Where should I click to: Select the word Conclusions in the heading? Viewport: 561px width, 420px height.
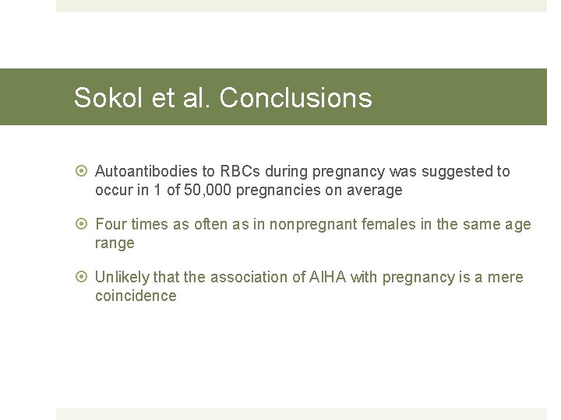pos(295,98)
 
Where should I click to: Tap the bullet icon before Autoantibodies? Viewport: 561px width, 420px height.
pos(83,171)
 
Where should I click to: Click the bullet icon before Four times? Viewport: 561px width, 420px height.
pos(83,224)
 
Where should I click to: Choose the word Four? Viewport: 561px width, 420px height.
pos(111,224)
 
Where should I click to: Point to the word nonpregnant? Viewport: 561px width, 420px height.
pos(313,224)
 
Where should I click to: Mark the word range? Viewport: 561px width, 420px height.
pos(115,243)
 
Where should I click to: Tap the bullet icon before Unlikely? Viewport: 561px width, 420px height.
pos(83,277)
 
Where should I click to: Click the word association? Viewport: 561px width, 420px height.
pos(245,277)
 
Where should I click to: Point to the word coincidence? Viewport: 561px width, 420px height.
pos(136,296)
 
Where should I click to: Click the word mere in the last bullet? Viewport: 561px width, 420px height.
pos(506,277)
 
